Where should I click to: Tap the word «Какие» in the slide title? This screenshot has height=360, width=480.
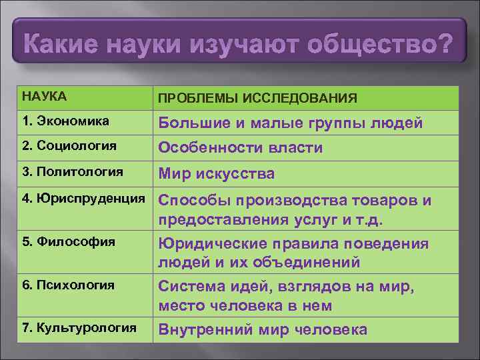61,45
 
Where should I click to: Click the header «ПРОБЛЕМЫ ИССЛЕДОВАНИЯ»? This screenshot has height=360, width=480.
257,99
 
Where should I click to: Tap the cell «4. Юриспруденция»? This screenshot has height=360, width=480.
83,198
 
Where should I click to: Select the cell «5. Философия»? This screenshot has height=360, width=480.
59,241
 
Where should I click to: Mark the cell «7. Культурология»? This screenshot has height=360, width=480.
79,327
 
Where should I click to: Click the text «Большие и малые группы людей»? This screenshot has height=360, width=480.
290,123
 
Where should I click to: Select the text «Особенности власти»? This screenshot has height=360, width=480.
240,148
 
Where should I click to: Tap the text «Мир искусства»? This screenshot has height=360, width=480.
216,174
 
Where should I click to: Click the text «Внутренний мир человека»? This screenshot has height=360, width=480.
262,329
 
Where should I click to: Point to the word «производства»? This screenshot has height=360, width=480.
299,201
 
